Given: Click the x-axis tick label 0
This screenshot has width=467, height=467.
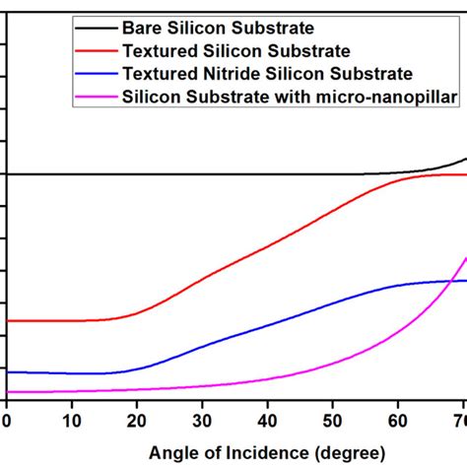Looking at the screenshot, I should point(7,421).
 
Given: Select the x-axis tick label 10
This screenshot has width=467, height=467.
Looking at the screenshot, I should point(72,421).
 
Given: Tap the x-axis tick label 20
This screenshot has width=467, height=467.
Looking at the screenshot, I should point(137,421).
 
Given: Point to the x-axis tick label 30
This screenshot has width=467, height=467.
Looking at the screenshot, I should point(202,421).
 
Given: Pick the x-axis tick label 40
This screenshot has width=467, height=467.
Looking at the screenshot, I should point(267,421).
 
